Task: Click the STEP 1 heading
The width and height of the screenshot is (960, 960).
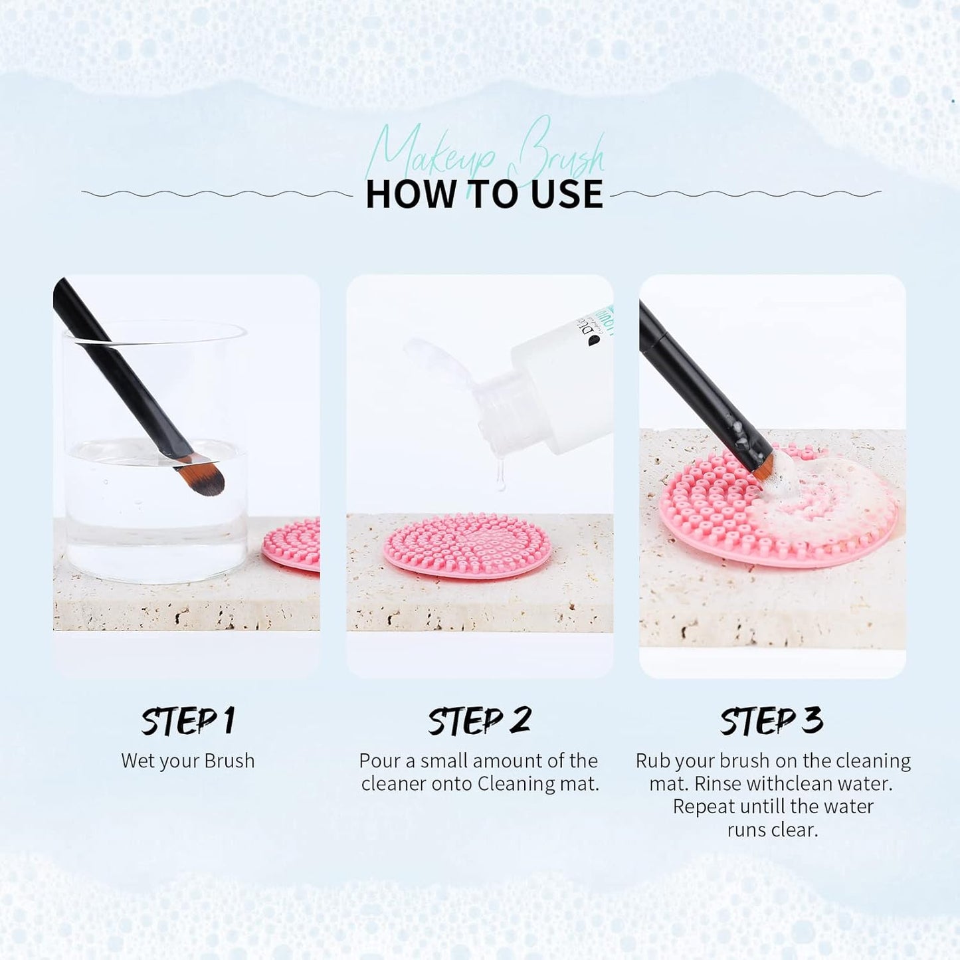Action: click(188, 721)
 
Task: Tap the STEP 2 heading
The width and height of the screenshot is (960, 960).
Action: click(479, 721)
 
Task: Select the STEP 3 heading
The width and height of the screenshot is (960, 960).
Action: click(771, 721)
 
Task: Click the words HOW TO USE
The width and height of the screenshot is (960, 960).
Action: click(484, 194)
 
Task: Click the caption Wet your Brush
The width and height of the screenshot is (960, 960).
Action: click(188, 761)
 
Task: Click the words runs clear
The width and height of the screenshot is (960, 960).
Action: click(772, 830)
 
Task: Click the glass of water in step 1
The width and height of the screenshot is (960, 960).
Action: click(156, 505)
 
